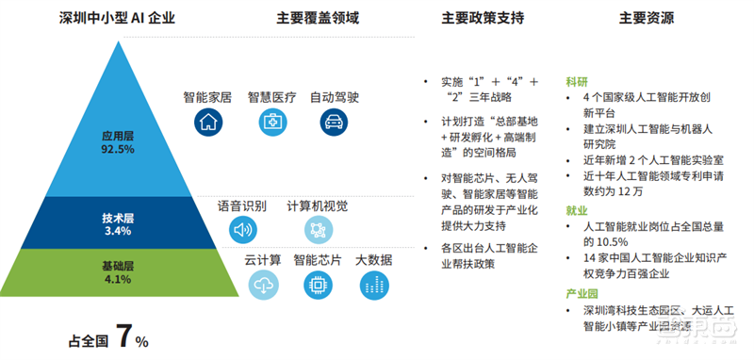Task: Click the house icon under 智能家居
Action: coord(208,122)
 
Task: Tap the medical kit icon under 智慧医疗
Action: coord(271,122)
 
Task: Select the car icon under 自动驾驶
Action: coord(334,122)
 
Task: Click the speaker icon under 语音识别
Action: coord(242,229)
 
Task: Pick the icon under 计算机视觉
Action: coord(318,229)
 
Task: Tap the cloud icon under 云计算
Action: coord(263,285)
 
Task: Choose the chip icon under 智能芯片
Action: coord(318,285)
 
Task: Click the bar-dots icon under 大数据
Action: coord(373,285)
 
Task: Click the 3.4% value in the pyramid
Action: coord(118,231)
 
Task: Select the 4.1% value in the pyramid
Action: coord(118,280)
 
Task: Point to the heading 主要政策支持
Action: coord(483,18)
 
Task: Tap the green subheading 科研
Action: coord(577,81)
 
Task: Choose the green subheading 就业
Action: coord(577,211)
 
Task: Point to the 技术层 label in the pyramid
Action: coord(118,218)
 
